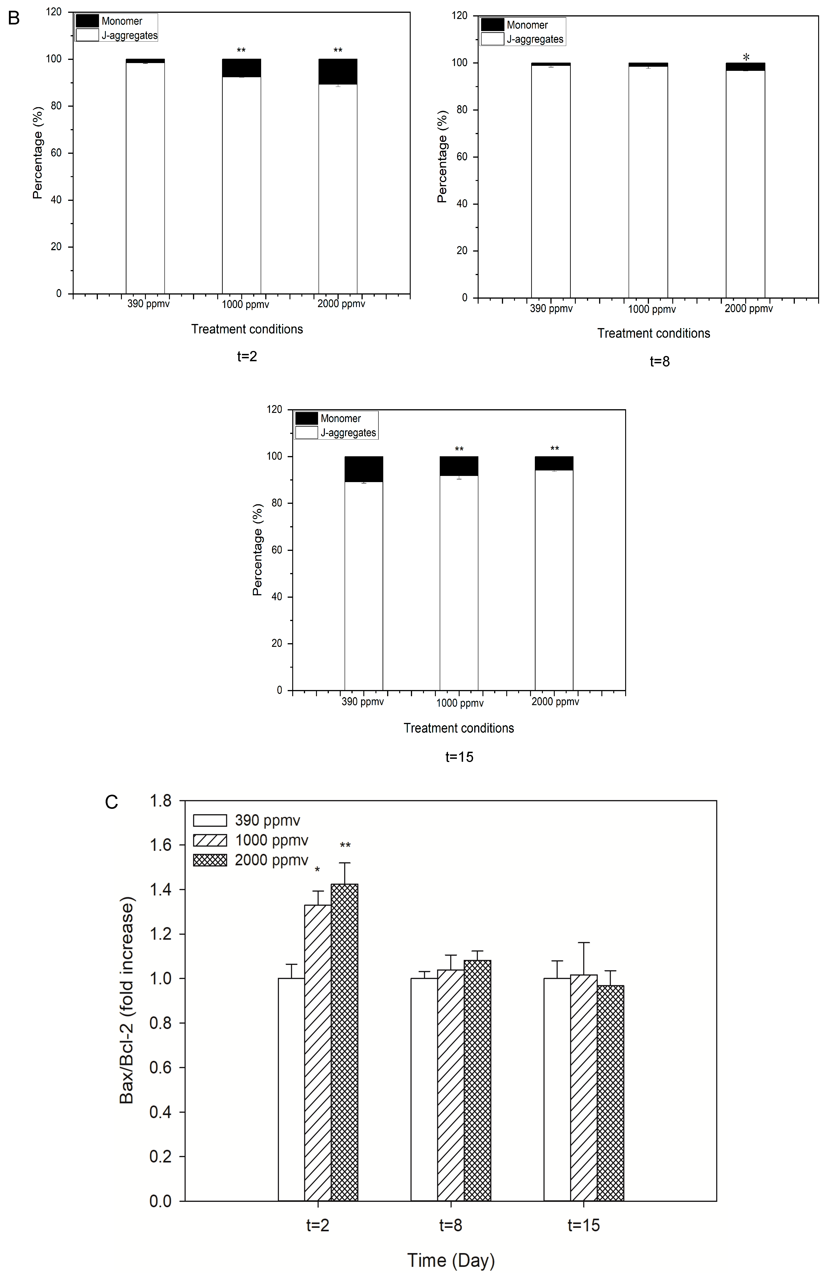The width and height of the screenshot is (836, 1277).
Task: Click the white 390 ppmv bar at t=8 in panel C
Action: [x=424, y=1089]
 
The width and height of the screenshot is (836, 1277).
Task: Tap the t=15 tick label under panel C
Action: [x=584, y=1225]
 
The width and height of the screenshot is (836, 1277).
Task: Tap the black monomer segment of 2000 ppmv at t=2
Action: [x=338, y=71]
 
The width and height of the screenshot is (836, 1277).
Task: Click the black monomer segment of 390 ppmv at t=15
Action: [x=364, y=469]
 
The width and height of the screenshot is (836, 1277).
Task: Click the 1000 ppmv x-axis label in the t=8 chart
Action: [x=652, y=309]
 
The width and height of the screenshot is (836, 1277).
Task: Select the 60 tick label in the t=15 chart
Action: [x=276, y=550]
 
